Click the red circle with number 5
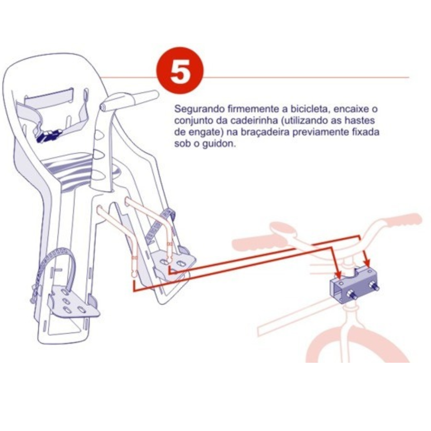tap(180, 71)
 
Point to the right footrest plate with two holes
tap(174, 262)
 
